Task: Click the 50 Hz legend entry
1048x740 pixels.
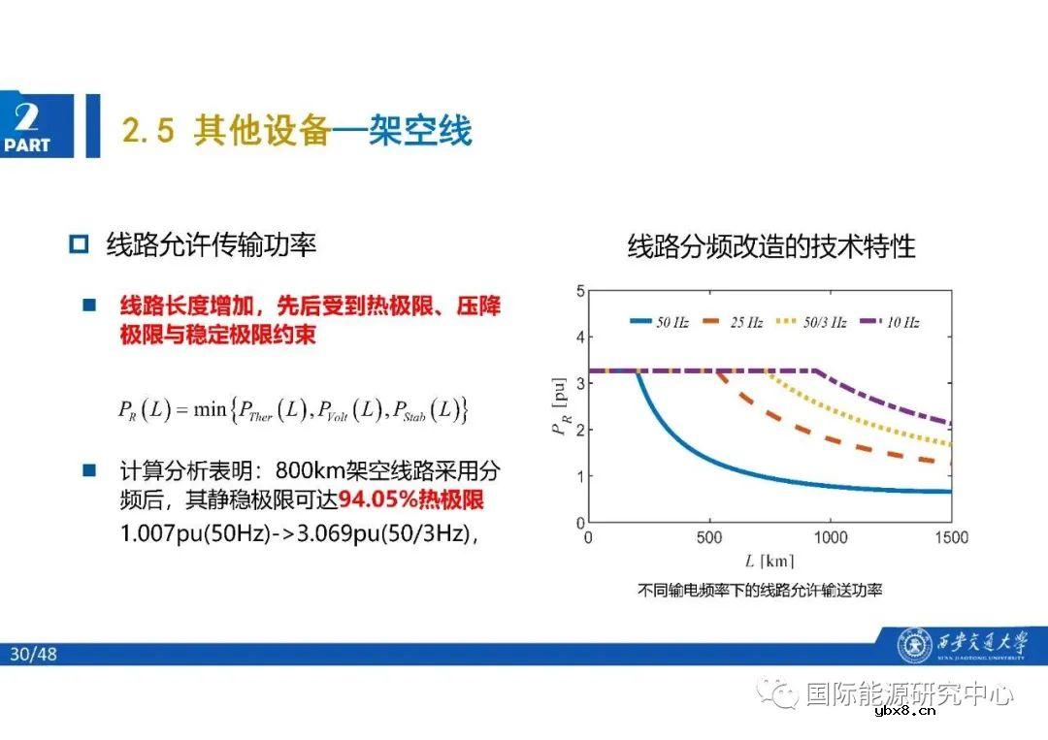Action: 660,322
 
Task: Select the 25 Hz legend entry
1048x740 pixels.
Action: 734,322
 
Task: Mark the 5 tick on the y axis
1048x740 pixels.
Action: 579,290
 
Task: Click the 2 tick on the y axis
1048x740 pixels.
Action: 579,430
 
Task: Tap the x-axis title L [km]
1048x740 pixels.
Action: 770,561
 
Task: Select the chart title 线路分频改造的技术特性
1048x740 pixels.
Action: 771,246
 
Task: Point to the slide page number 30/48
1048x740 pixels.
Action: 34,655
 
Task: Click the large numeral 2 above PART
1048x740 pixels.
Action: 27,117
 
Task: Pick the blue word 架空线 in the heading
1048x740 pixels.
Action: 420,130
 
